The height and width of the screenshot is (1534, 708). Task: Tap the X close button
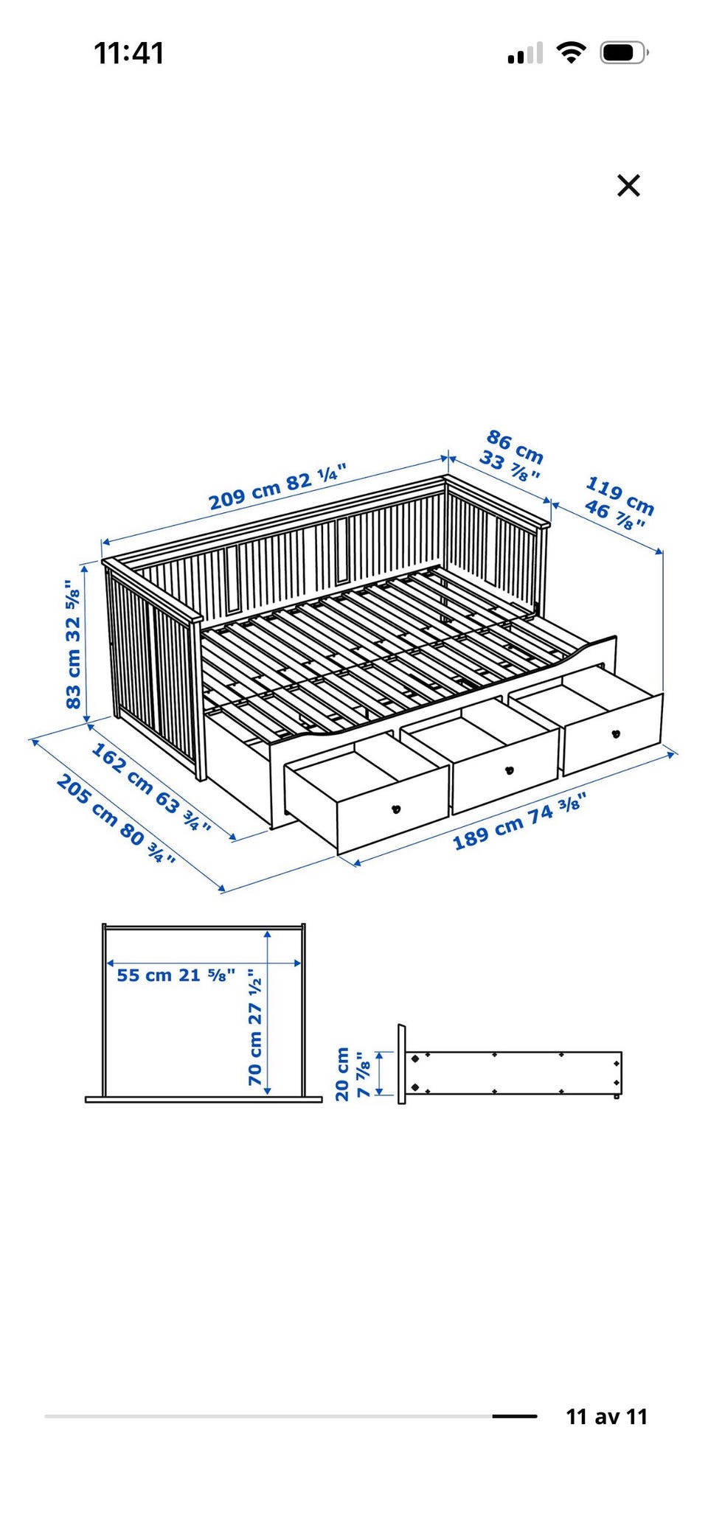pos(628,185)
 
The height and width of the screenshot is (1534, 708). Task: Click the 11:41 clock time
pos(129,53)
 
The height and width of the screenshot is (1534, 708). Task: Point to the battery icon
pos(624,53)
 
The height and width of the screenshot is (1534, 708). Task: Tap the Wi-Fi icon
pos(571,52)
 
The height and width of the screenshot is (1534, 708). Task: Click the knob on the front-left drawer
pos(396,809)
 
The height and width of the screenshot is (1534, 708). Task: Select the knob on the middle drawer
pos(508,771)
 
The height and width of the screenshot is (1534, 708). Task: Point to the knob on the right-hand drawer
pos(616,733)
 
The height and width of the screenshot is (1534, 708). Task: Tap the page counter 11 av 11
pos(606,1417)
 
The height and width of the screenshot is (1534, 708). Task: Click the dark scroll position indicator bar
pos(515,1416)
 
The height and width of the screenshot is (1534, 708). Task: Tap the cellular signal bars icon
pos(525,53)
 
